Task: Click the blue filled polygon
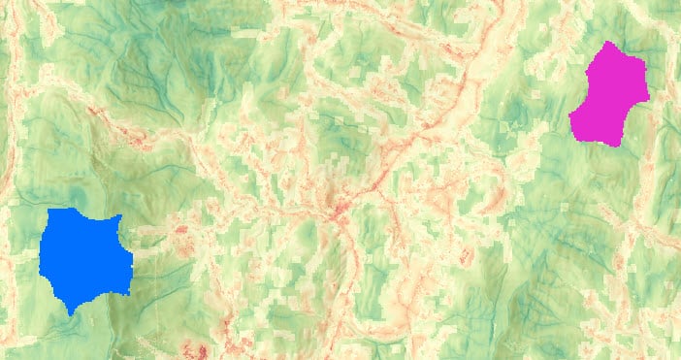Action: [82, 257]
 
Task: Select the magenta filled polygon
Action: [609, 94]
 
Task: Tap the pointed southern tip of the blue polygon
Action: [71, 313]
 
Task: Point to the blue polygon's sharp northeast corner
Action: [120, 216]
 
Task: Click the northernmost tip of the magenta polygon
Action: [606, 42]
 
